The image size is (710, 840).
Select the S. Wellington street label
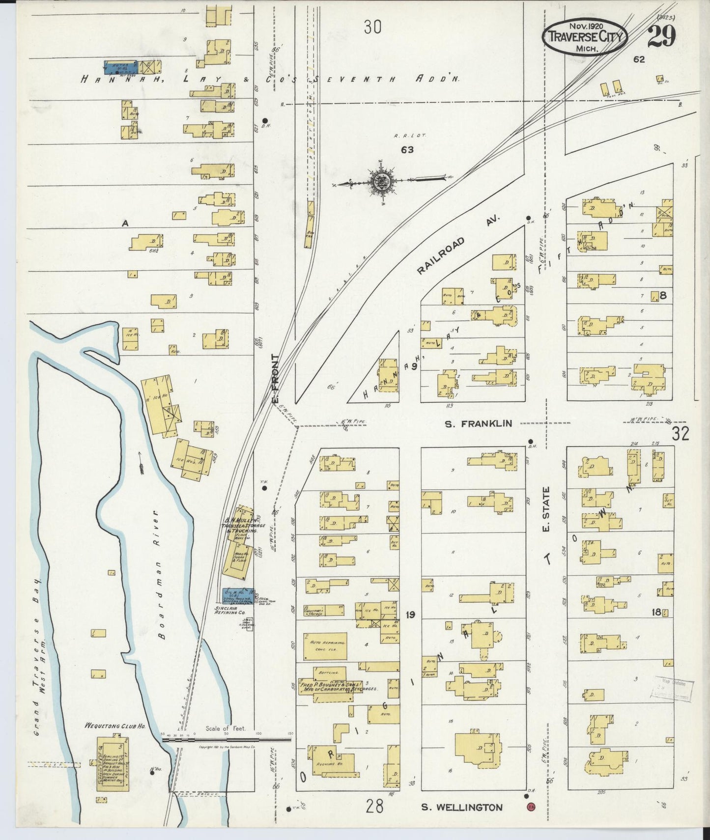coord(461,807)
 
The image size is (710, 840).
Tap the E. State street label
coord(547,509)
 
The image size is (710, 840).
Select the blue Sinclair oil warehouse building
coord(238,594)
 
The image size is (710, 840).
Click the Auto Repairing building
coord(325,645)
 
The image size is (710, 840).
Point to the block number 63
coord(407,150)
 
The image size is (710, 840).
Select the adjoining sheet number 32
coord(681,433)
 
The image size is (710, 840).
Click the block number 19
coord(411,614)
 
